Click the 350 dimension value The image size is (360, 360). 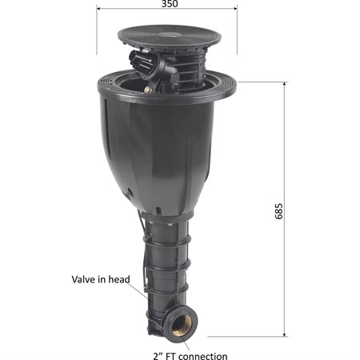pos(170,4)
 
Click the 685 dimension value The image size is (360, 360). pos(278,211)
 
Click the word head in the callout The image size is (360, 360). pos(119,279)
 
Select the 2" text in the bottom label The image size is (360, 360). pos(157,356)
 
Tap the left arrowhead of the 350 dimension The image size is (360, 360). pos(98,9)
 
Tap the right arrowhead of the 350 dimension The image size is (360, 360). pos(235,9)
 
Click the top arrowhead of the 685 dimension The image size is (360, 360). pos(285,84)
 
